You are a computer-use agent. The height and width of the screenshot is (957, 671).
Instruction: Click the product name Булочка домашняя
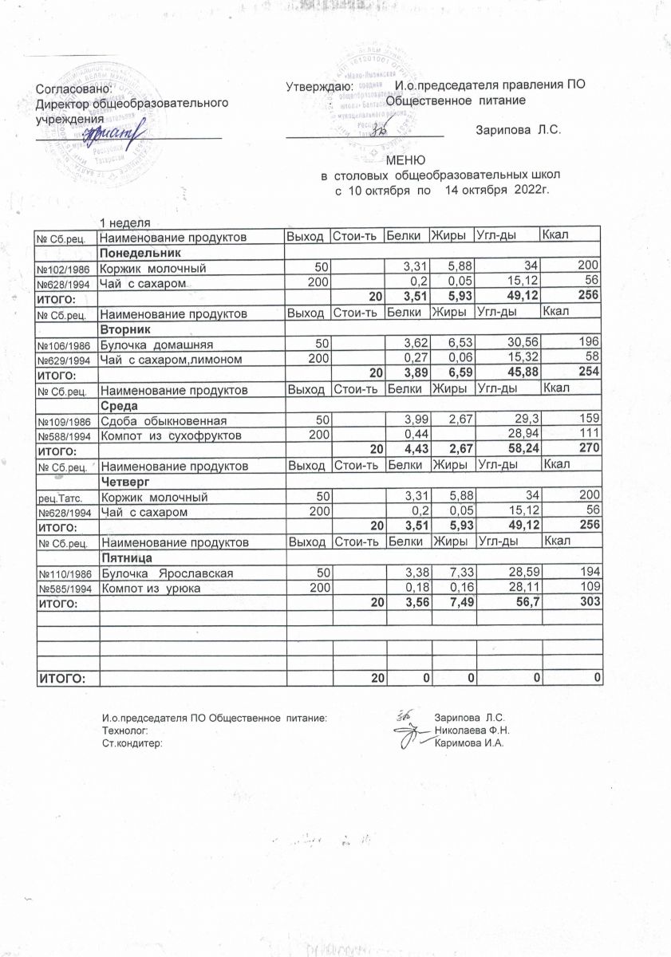[152, 343]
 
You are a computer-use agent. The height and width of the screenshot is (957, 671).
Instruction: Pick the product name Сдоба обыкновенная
[164, 420]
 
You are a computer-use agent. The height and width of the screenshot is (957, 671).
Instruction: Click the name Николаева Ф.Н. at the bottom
[472, 731]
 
